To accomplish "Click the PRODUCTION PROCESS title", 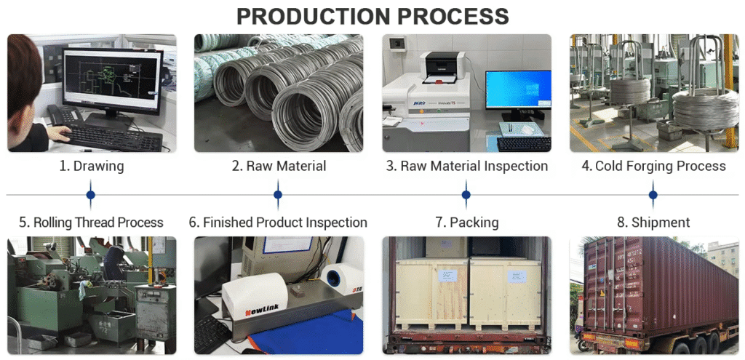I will pyautogui.click(x=372, y=16).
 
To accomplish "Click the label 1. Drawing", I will pyautogui.click(x=91, y=166).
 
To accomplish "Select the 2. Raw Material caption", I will pyautogui.click(x=279, y=166).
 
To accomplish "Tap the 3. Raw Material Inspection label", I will pyautogui.click(x=466, y=166).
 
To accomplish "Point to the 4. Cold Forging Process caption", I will pyautogui.click(x=653, y=166).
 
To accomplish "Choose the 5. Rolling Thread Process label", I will pyautogui.click(x=91, y=222).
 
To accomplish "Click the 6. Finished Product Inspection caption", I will pyautogui.click(x=278, y=222).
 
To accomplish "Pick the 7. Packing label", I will pyautogui.click(x=466, y=222).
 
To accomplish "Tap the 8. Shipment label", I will pyautogui.click(x=653, y=222).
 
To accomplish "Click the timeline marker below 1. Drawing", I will pyautogui.click(x=91, y=194).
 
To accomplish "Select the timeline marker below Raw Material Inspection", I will pyautogui.click(x=466, y=194).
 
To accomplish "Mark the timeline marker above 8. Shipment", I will pyautogui.click(x=653, y=194).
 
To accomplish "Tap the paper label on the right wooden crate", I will pyautogui.click(x=517, y=276).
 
